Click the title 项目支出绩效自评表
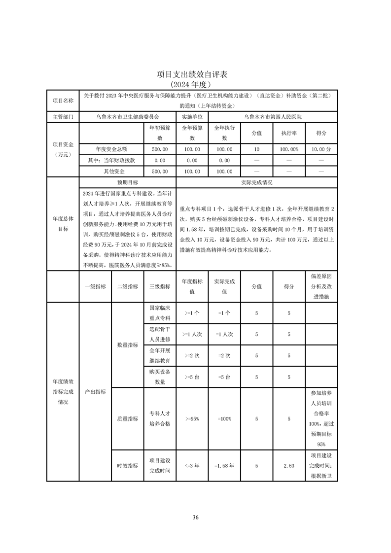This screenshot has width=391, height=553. (x=195, y=74)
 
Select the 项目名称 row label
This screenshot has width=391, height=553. (x=63, y=101)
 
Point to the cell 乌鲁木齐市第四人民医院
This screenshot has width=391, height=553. (x=273, y=117)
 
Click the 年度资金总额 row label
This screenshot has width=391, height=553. (x=111, y=149)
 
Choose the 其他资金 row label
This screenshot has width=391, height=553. (x=111, y=172)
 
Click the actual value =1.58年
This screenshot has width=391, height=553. (x=224, y=465)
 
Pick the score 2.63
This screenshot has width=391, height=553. (x=289, y=465)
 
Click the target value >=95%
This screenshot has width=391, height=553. (x=192, y=418)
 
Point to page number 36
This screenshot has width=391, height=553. (x=196, y=517)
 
